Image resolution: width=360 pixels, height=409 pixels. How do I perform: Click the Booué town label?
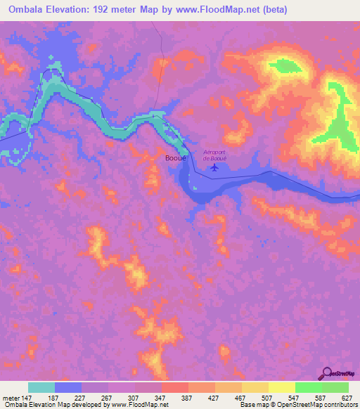point(175,159)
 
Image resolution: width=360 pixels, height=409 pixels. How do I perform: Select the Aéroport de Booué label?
point(216,155)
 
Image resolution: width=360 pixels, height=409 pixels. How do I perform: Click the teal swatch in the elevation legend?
point(41,387)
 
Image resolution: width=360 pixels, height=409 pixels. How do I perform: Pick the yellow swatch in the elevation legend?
point(281,387)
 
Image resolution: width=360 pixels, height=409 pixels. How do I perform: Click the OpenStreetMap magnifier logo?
point(326,372)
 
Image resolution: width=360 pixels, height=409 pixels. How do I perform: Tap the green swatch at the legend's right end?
point(335,387)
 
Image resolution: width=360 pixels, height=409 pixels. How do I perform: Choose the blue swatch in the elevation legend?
point(68,387)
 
